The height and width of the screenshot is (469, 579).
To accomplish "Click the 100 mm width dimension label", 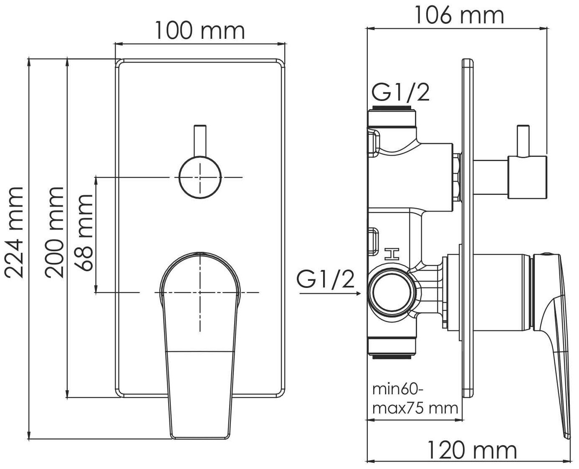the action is (x=200, y=31).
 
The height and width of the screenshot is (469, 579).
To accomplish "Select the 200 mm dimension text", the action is (x=55, y=232).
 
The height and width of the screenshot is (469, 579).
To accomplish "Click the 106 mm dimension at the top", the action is (x=459, y=16).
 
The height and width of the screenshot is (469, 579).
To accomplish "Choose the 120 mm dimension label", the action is (x=472, y=450).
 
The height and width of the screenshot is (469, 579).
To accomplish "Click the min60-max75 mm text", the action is (x=415, y=399).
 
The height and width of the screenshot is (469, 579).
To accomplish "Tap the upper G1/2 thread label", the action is (x=400, y=93).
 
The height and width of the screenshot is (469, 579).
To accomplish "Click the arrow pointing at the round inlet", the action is (x=330, y=293).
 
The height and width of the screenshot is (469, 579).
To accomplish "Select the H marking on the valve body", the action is (x=392, y=254).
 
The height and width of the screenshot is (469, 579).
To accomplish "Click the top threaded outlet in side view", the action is (x=392, y=110).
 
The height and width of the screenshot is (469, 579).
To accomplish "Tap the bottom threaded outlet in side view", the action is (x=392, y=356).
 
